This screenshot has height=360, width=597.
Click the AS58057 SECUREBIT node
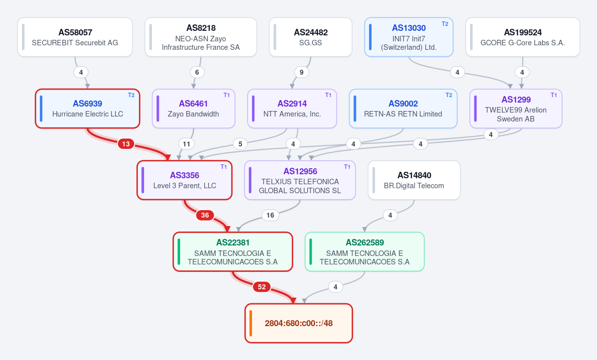point(75,37)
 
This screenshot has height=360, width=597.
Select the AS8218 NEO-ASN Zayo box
point(201,37)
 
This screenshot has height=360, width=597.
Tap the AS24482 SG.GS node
point(311,37)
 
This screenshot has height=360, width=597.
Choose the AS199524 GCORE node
point(523,37)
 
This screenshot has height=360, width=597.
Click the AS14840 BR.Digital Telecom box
point(414,180)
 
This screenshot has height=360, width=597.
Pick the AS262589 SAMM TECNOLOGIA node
point(365,251)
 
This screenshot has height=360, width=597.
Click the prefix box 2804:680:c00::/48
point(299,323)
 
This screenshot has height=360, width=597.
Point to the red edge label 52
point(261,287)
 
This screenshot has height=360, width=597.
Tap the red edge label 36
point(205,216)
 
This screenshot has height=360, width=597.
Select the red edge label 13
point(126,144)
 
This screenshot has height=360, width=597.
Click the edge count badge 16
point(270,216)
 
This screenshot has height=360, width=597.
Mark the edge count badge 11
point(187,144)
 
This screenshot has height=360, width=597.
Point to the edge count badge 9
point(302,72)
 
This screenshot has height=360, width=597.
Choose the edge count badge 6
point(197,72)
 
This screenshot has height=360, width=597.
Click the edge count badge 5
point(240,144)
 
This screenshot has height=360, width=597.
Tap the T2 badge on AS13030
point(445,23)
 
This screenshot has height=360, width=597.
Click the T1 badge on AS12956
point(347,167)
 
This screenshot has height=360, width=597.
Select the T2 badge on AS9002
point(449,95)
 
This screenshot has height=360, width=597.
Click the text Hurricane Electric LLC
point(88,114)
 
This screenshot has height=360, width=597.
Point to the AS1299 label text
point(516,100)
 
